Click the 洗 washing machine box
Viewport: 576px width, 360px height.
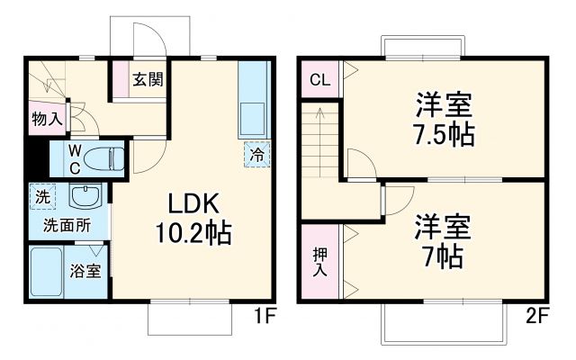[41, 194]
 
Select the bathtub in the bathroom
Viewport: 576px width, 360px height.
[46, 271]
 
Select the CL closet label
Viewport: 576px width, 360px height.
[319, 79]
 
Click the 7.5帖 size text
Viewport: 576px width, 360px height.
[444, 136]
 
